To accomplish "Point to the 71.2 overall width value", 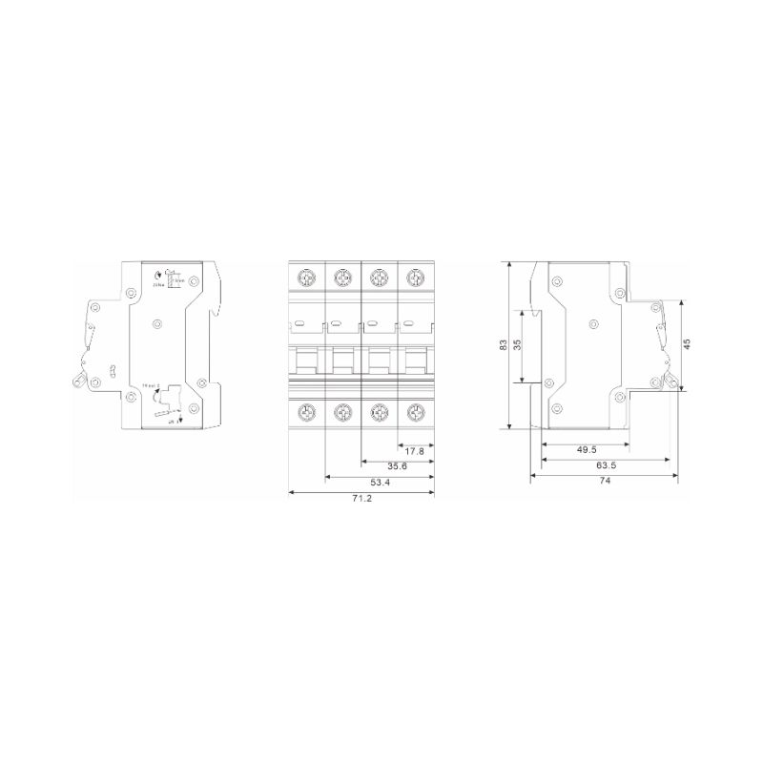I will pos(361,500).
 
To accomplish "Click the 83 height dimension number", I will pos(505,345).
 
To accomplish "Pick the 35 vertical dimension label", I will pos(518,345).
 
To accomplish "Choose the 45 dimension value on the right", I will pos(687,343).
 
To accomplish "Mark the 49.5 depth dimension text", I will pos(588,449).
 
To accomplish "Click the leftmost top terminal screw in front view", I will pos(307,278).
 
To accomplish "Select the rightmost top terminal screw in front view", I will pos(414,278).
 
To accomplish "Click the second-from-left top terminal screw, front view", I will pos(342,278).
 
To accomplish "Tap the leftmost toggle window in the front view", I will pos(307,361).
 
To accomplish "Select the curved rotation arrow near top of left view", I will pos(158,276).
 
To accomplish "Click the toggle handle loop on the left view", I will pos(75,382).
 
